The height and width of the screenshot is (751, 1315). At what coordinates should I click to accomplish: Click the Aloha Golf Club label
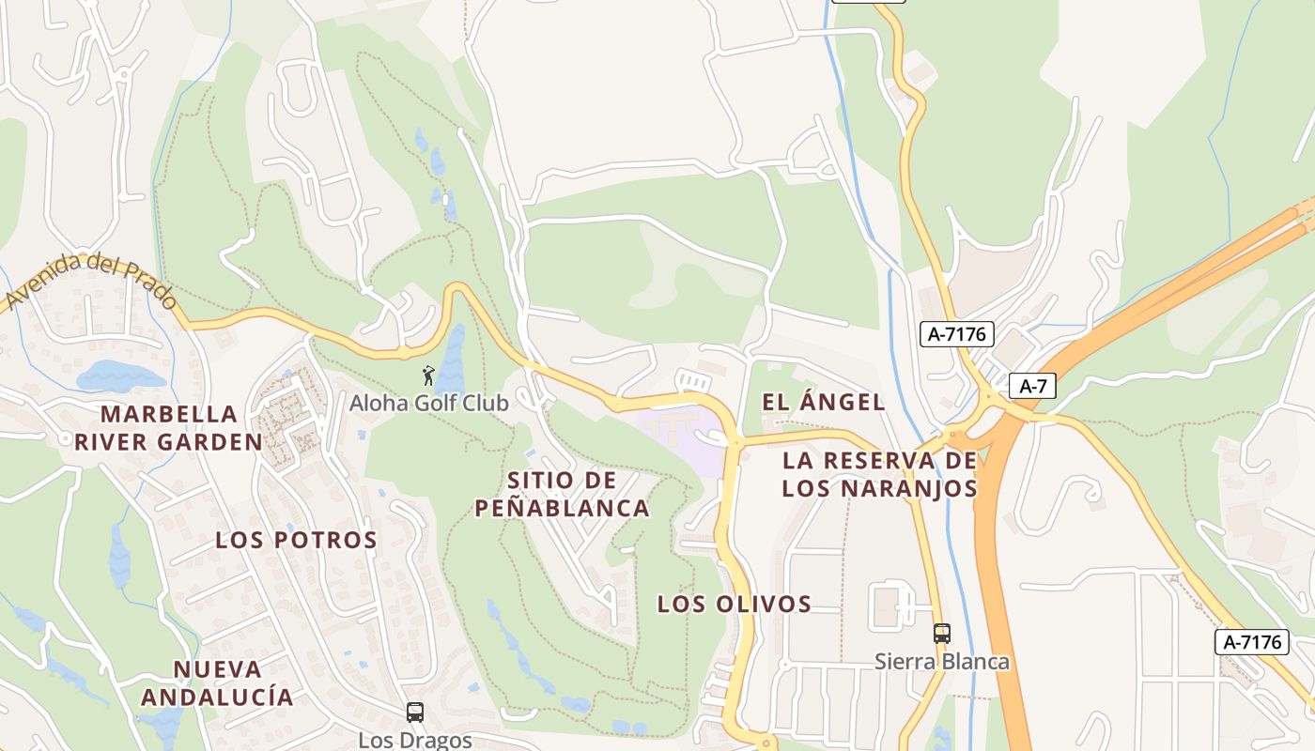pyautogui.click(x=428, y=404)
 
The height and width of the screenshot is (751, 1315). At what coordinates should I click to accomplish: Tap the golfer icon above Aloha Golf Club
pyautogui.click(x=429, y=375)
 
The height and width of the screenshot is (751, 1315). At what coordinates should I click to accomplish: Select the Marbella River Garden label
pyautogui.click(x=169, y=428)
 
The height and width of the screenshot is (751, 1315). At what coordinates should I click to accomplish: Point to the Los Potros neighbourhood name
pyautogui.click(x=296, y=540)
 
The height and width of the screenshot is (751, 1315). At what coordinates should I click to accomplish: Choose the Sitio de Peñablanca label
pyautogui.click(x=562, y=495)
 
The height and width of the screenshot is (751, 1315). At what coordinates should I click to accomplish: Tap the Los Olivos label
pyautogui.click(x=734, y=604)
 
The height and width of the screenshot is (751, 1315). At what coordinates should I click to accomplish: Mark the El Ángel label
pyautogui.click(x=823, y=403)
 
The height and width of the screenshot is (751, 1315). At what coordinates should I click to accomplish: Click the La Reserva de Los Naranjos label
pyautogui.click(x=879, y=474)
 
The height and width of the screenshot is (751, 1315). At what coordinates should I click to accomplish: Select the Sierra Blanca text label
pyautogui.click(x=942, y=662)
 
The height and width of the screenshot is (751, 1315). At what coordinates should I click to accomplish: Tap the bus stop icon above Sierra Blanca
pyautogui.click(x=942, y=634)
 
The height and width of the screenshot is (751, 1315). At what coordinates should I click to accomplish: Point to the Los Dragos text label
pyautogui.click(x=415, y=740)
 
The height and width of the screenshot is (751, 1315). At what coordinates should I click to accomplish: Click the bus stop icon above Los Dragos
pyautogui.click(x=415, y=713)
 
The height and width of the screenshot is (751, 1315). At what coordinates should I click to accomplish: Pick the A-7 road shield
pyautogui.click(x=1032, y=386)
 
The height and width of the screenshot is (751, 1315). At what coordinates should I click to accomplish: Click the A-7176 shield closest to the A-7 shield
pyautogui.click(x=956, y=333)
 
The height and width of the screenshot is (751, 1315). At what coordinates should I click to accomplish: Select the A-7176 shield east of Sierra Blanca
pyautogui.click(x=1252, y=642)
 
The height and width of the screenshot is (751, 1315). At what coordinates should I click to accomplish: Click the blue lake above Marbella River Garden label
pyautogui.click(x=120, y=375)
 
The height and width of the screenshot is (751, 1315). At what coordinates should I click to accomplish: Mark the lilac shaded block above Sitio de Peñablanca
pyautogui.click(x=681, y=437)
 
